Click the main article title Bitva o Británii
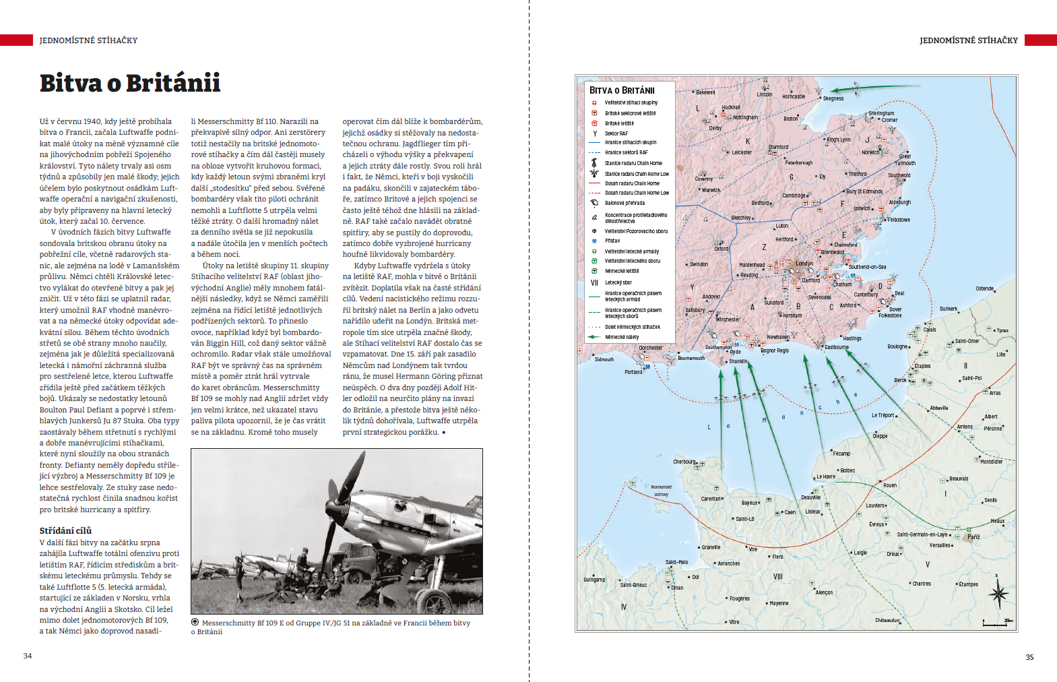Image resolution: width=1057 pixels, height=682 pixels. [x=130, y=83]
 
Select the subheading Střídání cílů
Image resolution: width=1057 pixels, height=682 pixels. [x=65, y=530]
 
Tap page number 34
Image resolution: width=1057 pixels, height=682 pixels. [x=28, y=656]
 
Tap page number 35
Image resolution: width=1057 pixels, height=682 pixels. [x=1029, y=657]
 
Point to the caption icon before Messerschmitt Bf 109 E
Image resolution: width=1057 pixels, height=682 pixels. [x=195, y=623]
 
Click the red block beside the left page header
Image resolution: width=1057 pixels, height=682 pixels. [x=16, y=40]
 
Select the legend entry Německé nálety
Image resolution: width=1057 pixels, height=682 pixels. [x=622, y=337]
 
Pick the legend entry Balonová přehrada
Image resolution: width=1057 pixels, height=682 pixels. [x=624, y=203]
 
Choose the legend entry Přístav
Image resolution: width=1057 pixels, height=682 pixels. [x=612, y=241]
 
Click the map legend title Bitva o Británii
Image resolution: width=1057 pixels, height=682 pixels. [x=622, y=90]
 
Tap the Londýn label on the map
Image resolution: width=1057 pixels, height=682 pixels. [x=804, y=263]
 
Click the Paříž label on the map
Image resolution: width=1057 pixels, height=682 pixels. [x=973, y=537]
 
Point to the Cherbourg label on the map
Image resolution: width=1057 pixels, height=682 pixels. [x=684, y=462]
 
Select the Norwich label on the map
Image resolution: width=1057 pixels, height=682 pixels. [x=870, y=152]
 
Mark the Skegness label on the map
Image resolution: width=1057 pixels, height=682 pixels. [x=833, y=98]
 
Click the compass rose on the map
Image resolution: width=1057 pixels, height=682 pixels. [x=998, y=594]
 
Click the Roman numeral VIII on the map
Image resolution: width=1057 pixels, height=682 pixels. [x=778, y=577]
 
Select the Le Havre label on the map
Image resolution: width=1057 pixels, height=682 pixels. [x=826, y=476]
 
